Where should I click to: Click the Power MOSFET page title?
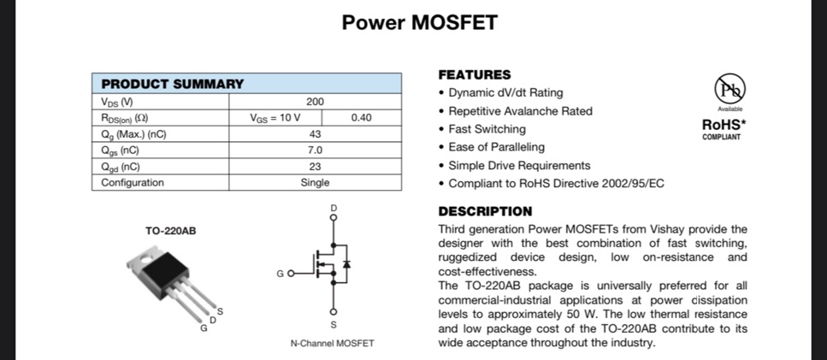tap(419, 22)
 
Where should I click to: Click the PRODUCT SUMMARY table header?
tap(173, 84)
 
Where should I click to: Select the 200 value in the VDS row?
tap(315, 102)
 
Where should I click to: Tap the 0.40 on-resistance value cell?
tap(361, 117)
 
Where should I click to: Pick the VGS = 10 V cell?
tap(275, 117)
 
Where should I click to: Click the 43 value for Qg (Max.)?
tap(315, 134)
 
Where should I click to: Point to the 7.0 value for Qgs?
tap(315, 150)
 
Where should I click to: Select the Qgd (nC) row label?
tap(121, 167)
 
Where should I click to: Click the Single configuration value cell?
tap(315, 182)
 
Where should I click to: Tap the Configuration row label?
tap(133, 182)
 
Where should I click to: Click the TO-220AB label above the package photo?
tap(171, 231)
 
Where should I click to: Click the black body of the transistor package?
tap(164, 275)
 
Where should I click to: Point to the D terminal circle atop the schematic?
tap(333, 216)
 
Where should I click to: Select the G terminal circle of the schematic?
tap(291, 274)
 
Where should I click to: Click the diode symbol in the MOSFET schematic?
tap(346, 264)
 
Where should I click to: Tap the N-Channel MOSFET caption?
tap(333, 344)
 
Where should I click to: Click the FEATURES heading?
tap(475, 75)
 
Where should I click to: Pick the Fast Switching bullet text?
tap(487, 129)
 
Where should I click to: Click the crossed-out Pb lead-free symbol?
tap(730, 88)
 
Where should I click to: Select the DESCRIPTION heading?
tap(485, 211)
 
